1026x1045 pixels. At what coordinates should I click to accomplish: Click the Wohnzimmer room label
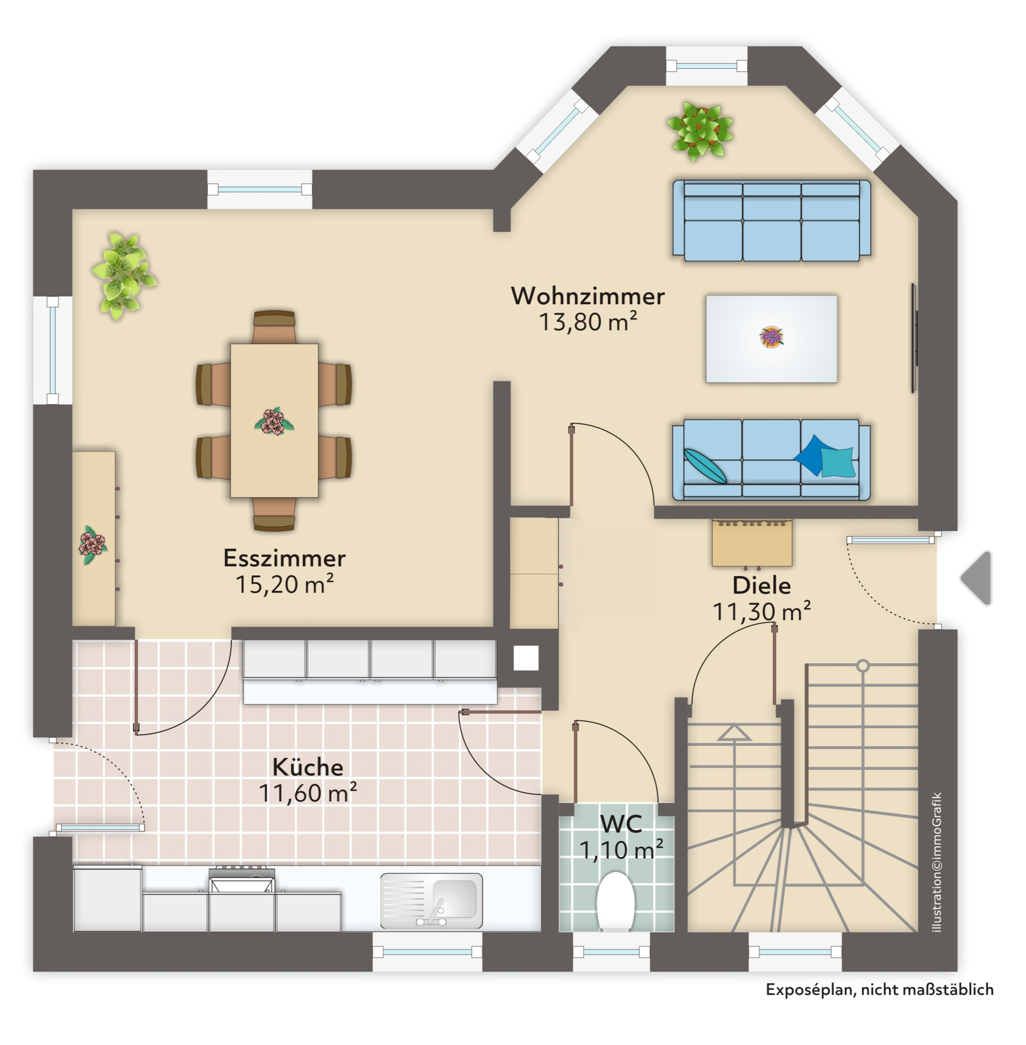(x=587, y=296)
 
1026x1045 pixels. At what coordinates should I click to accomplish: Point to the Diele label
(x=761, y=585)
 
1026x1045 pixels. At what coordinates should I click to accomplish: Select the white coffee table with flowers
(x=771, y=338)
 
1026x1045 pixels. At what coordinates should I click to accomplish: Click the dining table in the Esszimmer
(x=274, y=420)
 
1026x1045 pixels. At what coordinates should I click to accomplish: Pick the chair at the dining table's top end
(x=274, y=326)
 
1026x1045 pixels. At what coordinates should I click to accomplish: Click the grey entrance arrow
(x=978, y=578)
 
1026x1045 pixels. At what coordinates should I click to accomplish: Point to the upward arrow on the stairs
(x=734, y=733)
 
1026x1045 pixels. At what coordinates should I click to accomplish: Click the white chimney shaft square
(x=525, y=657)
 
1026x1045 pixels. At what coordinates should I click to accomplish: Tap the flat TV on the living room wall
(x=914, y=338)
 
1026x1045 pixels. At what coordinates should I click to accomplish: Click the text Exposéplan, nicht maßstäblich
(x=880, y=990)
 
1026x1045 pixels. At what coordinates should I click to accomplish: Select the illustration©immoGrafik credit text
(x=937, y=862)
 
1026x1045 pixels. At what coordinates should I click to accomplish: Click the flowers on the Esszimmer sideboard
(x=93, y=544)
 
